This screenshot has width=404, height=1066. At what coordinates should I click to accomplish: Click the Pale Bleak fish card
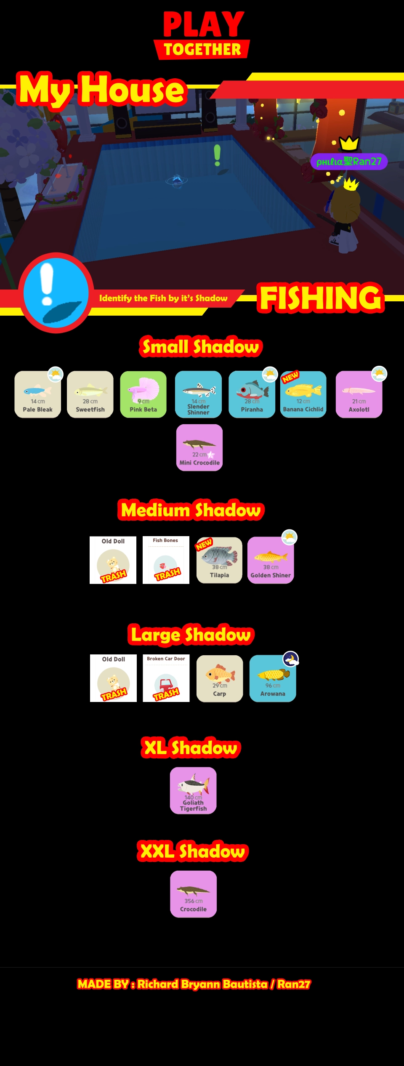(37, 394)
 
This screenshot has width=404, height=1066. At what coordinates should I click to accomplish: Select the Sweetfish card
(90, 394)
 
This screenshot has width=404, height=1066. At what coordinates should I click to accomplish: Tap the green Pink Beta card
(143, 394)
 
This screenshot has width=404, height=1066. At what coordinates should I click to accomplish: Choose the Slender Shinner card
(198, 394)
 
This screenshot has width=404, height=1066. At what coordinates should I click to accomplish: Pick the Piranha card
(252, 394)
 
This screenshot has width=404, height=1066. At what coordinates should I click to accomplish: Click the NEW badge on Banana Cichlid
(290, 377)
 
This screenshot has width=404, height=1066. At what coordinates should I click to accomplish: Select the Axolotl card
(359, 394)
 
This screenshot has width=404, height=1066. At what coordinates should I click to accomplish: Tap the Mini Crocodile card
(199, 447)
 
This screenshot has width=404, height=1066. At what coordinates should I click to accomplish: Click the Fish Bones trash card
(166, 560)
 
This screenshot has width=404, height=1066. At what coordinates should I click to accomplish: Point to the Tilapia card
(219, 560)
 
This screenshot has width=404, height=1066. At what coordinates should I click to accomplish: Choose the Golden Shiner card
(271, 560)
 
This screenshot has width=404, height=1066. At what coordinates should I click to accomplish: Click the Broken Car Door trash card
(166, 678)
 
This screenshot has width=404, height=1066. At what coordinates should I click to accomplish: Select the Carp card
(220, 678)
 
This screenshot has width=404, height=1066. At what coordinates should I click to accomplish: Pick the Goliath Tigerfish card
(193, 790)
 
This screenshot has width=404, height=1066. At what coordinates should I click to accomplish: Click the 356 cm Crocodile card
(193, 894)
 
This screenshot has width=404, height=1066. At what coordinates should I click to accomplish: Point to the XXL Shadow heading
(193, 851)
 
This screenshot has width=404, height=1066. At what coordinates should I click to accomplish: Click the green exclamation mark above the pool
(217, 154)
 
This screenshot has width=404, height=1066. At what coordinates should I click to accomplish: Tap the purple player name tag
(349, 162)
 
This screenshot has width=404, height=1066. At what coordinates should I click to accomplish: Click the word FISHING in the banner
(321, 298)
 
